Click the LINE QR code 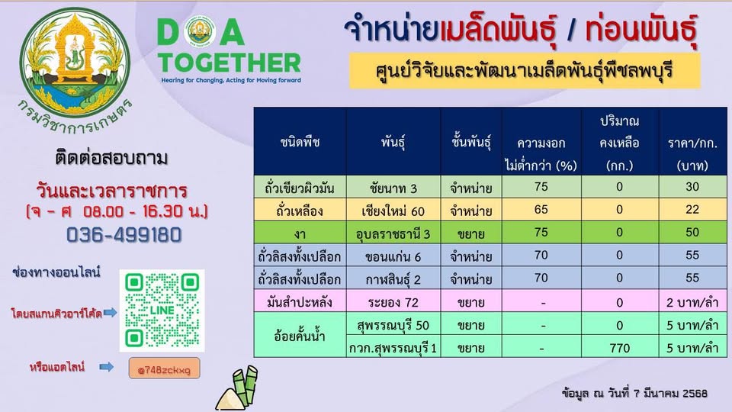(x=162, y=311)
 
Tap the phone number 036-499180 (x=124, y=234)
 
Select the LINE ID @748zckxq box (x=165, y=369)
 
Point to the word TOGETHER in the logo (x=230, y=63)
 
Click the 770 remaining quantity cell (x=619, y=348)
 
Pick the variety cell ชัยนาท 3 (x=393, y=188)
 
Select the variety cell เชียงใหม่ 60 (x=393, y=211)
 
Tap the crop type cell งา (x=300, y=233)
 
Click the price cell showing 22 (x=692, y=210)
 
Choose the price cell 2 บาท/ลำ (x=692, y=302)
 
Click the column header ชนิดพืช (x=300, y=142)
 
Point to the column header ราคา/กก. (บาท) (x=692, y=154)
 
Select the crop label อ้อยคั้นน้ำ (x=300, y=336)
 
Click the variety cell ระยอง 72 (x=393, y=302)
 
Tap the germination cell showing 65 (x=541, y=209)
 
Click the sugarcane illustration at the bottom (x=238, y=388)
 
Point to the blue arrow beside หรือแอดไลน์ (x=107, y=367)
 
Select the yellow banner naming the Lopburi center (x=525, y=70)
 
